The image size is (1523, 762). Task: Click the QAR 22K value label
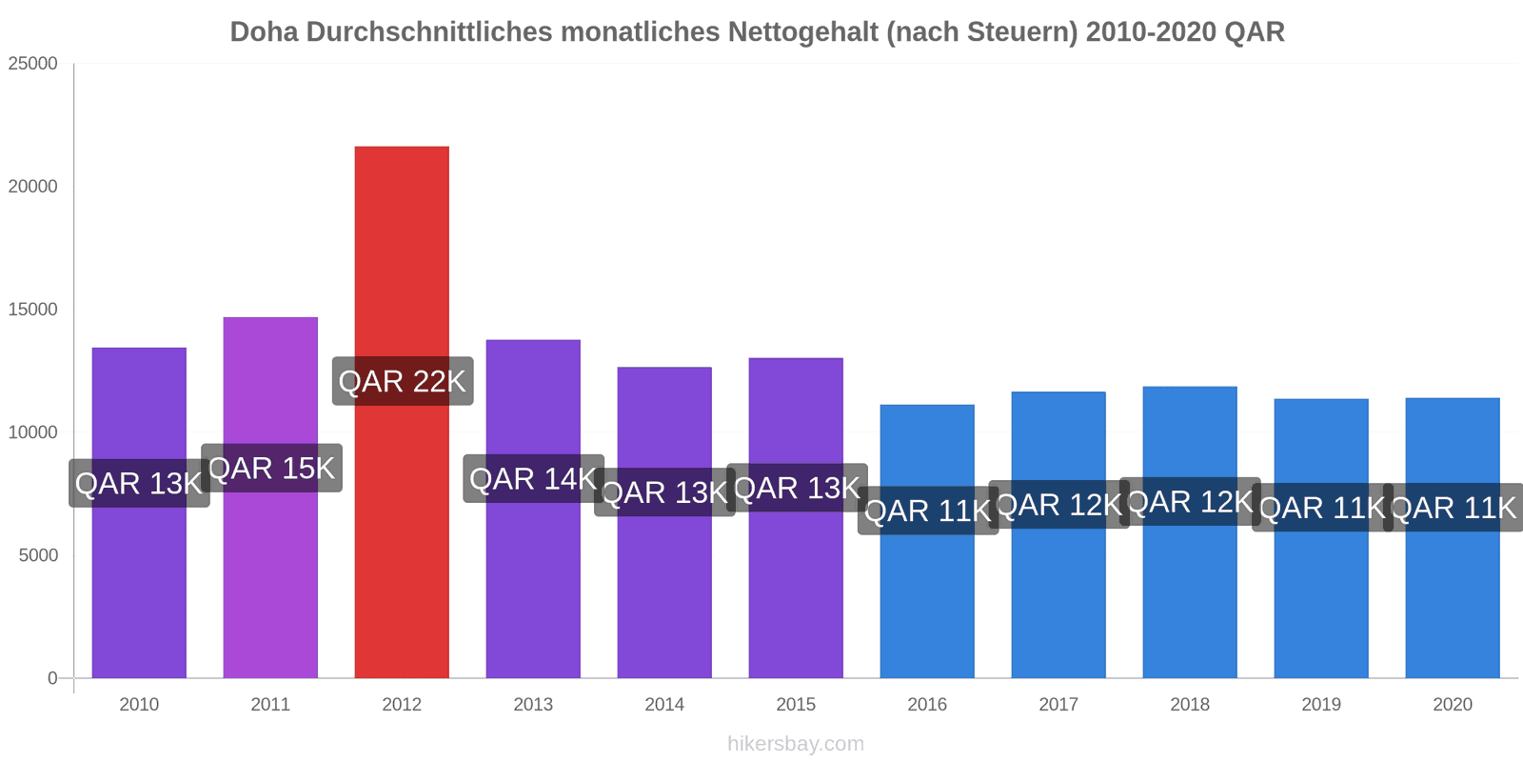tap(403, 382)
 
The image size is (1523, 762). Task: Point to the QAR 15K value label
tap(271, 469)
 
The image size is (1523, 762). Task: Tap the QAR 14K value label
tap(533, 479)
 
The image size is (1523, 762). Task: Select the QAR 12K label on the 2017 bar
tap(1058, 505)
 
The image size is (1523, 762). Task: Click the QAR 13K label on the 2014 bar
tap(664, 492)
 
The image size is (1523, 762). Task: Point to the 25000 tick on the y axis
tap(33, 64)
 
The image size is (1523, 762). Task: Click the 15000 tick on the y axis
tap(33, 310)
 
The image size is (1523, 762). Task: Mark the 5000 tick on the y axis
tap(38, 555)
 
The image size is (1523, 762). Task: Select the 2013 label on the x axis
tap(533, 705)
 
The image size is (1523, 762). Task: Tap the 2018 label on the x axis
tap(1190, 705)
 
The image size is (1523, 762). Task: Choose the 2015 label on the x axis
tap(796, 705)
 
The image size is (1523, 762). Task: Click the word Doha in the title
tap(264, 32)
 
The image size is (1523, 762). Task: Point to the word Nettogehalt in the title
tap(804, 32)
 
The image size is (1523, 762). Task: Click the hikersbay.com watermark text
tap(796, 744)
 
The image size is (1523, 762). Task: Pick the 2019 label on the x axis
tap(1321, 705)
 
